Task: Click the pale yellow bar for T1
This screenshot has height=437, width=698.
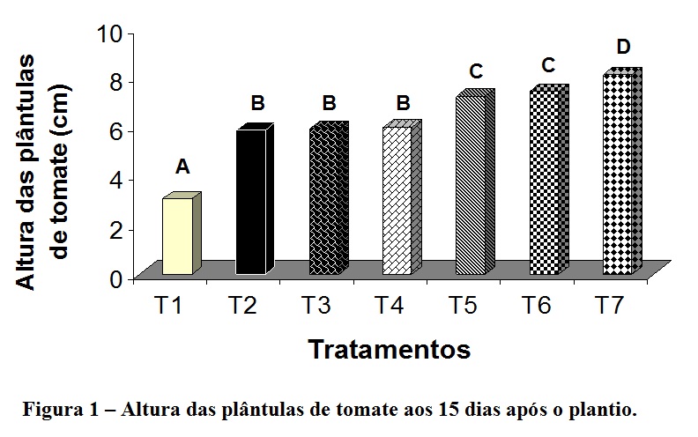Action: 177,235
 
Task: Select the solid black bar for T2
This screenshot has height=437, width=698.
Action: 250,202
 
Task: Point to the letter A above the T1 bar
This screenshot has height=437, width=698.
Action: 182,167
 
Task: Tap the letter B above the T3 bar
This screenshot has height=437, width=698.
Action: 329,104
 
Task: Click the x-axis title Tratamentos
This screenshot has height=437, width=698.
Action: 389,349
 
